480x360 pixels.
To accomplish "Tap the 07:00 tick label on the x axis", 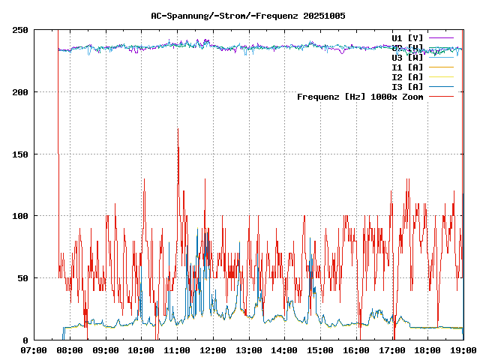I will pyautogui.click(x=34, y=350).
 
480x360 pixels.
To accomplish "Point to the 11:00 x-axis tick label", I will pyautogui.click(x=177, y=350).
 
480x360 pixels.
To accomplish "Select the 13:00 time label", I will pyautogui.click(x=248, y=350).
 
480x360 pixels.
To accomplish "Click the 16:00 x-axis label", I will pyautogui.click(x=355, y=350).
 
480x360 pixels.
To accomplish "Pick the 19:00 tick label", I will pyautogui.click(x=463, y=350).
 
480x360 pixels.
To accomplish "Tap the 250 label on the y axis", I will pyautogui.click(x=21, y=30).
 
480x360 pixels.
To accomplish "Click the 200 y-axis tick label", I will pyautogui.click(x=21, y=92).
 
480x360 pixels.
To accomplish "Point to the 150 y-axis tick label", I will pyautogui.click(x=21, y=154).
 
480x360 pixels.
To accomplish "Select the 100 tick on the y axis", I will pyautogui.click(x=21, y=216).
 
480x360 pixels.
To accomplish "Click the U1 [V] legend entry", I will pyautogui.click(x=407, y=37).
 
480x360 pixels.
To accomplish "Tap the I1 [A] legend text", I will pyautogui.click(x=407, y=67).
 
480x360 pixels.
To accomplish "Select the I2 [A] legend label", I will pyautogui.click(x=407, y=76).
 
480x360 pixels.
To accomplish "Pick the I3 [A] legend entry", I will pyautogui.click(x=407, y=86).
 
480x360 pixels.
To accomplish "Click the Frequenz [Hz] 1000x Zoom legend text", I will pyautogui.click(x=360, y=96).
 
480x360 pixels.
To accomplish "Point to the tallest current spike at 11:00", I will pyautogui.click(x=178, y=130).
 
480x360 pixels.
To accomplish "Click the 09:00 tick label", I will pyautogui.click(x=105, y=350).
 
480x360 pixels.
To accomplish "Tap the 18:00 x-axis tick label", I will pyautogui.click(x=427, y=350).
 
